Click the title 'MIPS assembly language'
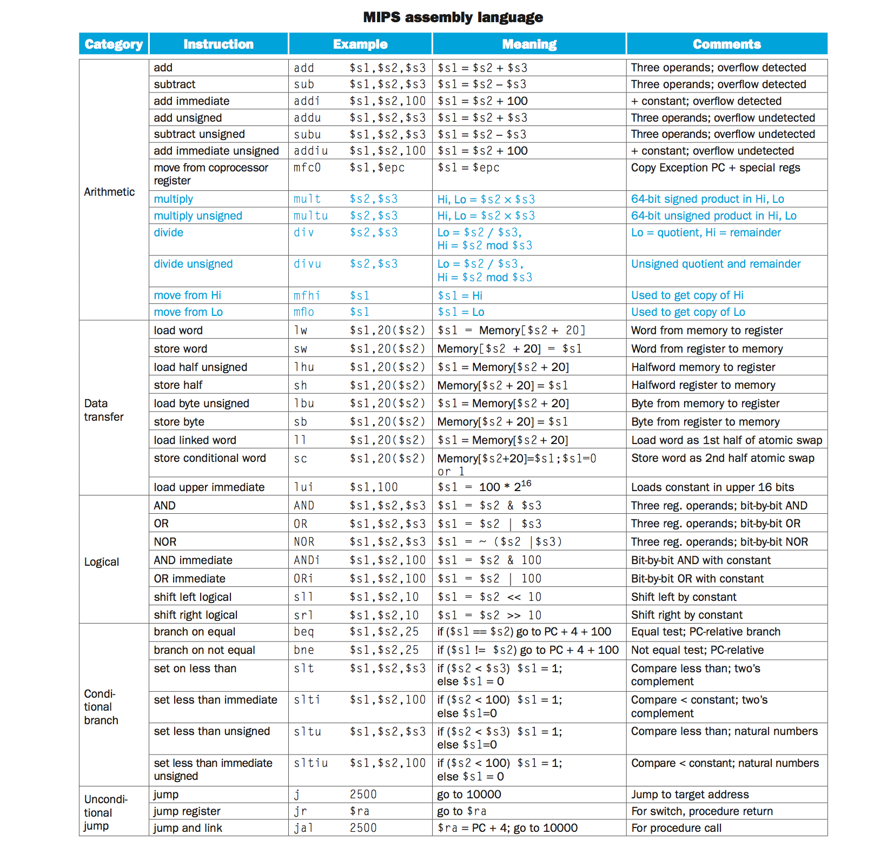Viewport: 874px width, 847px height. pyautogui.click(x=453, y=17)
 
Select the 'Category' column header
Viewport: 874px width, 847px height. pyautogui.click(x=114, y=44)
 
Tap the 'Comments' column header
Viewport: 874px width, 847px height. pyautogui.click(x=726, y=44)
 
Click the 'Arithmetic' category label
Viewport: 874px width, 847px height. pyautogui.click(x=109, y=192)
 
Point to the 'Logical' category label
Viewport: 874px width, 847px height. pyautogui.click(x=102, y=562)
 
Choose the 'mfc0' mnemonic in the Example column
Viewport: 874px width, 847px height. pyautogui.click(x=307, y=168)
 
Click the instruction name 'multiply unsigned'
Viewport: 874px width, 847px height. pyautogui.click(x=198, y=216)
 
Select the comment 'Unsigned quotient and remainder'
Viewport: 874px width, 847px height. pyautogui.click(x=716, y=264)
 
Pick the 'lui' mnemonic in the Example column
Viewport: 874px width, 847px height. pyautogui.click(x=303, y=487)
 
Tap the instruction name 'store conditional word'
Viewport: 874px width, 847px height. pyautogui.click(x=210, y=458)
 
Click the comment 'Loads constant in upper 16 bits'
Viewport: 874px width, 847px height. pyautogui.click(x=712, y=487)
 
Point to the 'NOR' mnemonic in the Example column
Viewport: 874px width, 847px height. pyautogui.click(x=303, y=542)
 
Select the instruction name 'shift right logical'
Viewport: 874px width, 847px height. pyautogui.click(x=195, y=615)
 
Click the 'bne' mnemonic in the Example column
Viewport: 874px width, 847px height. pyautogui.click(x=304, y=650)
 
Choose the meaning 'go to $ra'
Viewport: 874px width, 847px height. pyautogui.click(x=461, y=811)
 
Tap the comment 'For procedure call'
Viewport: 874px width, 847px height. pyautogui.click(x=676, y=828)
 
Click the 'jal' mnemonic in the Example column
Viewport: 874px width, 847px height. pyautogui.click(x=303, y=828)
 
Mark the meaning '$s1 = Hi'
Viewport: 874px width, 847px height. pyautogui.click(x=460, y=296)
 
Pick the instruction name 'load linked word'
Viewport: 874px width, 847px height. pyautogui.click(x=195, y=440)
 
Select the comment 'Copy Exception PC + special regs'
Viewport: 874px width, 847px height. pyautogui.click(x=715, y=168)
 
